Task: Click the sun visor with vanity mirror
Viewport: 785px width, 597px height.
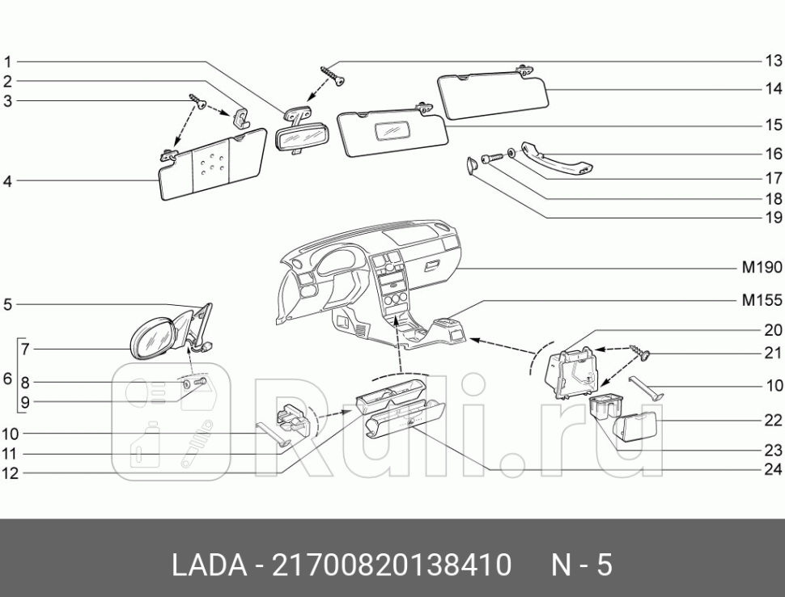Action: pos(392,131)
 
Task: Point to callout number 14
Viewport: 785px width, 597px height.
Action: pos(773,88)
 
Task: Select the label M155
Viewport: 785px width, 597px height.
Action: pos(762,300)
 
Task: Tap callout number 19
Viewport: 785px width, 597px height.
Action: pos(773,217)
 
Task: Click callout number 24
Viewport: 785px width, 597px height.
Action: pos(773,470)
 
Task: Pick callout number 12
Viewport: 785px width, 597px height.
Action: pos(10,474)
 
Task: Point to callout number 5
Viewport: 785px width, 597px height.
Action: pos(7,305)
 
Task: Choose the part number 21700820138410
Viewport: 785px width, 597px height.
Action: pos(392,564)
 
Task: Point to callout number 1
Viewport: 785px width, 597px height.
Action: pos(7,61)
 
